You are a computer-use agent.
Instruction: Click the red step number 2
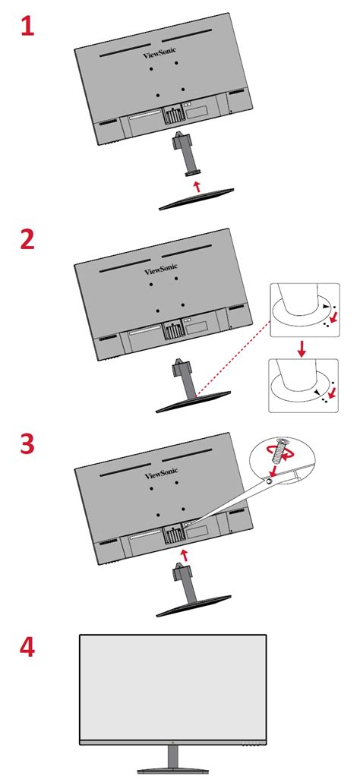tap(27, 239)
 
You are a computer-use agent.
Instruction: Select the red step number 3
tap(27, 443)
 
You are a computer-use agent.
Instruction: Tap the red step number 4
tap(27, 648)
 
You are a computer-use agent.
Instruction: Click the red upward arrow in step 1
tap(197, 184)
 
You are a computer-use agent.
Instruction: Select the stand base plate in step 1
tap(197, 200)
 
